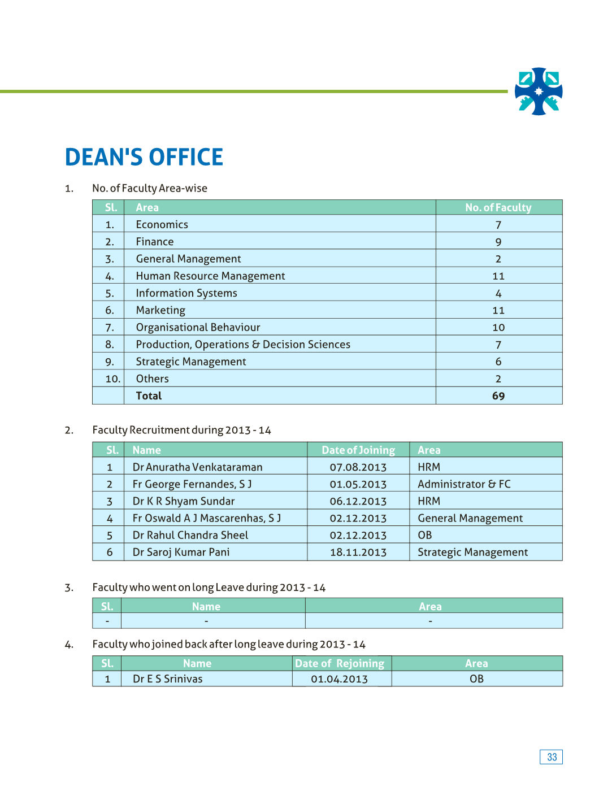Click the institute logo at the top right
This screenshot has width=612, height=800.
tap(539, 92)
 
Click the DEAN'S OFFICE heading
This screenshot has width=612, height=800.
tap(144, 157)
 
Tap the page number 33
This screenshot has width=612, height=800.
tap(552, 757)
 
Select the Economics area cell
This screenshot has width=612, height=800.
tap(162, 224)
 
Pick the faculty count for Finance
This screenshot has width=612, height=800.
tap(498, 242)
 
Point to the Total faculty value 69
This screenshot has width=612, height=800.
tap(498, 396)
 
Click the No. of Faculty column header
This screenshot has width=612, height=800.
tap(498, 207)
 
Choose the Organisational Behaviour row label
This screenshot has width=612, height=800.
tap(198, 327)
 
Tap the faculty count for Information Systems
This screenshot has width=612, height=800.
tap(498, 293)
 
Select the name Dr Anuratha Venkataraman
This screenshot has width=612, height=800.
tap(198, 467)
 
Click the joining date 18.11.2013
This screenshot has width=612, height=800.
tap(358, 552)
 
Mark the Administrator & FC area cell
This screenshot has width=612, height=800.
tap(464, 484)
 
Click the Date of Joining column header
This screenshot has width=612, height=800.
tap(358, 450)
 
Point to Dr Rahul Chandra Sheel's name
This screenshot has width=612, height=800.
tap(190, 535)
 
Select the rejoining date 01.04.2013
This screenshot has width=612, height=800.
tap(340, 679)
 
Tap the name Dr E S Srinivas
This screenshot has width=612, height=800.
tap(168, 679)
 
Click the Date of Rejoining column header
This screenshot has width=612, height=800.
tap(340, 663)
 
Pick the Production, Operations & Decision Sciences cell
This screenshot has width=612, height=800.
tap(243, 345)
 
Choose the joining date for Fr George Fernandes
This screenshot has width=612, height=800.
tap(358, 484)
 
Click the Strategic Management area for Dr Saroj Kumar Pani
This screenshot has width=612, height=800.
tap(472, 552)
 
